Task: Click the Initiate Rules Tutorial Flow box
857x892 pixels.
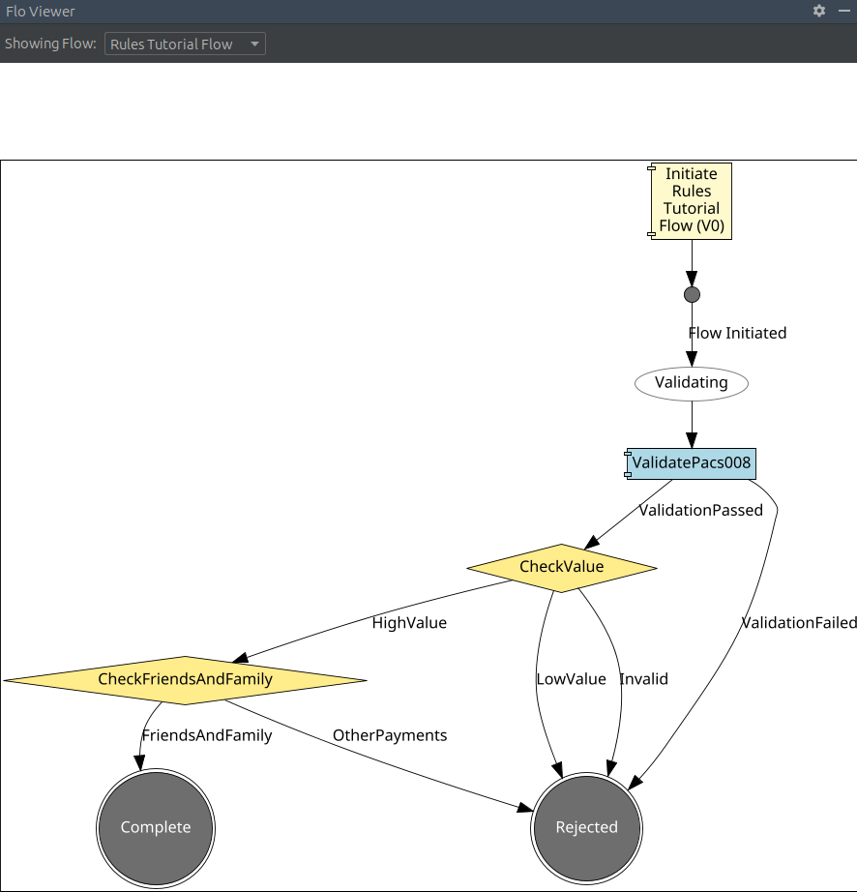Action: pos(692,200)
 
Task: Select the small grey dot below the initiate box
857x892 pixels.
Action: pos(692,294)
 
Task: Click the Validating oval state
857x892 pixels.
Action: pos(692,383)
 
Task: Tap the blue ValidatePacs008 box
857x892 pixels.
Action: pos(691,463)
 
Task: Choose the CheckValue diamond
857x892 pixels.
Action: pos(561,567)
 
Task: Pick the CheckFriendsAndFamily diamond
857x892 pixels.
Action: pos(186,680)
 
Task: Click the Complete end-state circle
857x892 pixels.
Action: pos(156,827)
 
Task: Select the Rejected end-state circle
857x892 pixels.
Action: pos(586,827)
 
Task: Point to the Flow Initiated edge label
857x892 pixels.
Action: pos(737,333)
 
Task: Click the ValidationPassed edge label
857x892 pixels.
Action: pos(700,510)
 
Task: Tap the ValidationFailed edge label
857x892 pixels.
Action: pos(799,623)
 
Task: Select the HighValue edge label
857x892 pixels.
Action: pos(409,623)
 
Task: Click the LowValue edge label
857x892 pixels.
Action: pos(571,679)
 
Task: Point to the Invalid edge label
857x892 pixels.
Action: pos(643,679)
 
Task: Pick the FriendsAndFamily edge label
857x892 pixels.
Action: pos(207,735)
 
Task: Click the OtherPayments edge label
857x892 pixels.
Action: pos(390,735)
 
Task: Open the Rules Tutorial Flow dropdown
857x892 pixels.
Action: pos(185,45)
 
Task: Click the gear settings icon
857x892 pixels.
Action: pos(819,12)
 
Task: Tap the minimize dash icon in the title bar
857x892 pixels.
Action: pos(843,12)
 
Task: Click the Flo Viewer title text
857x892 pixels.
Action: pos(41,12)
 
